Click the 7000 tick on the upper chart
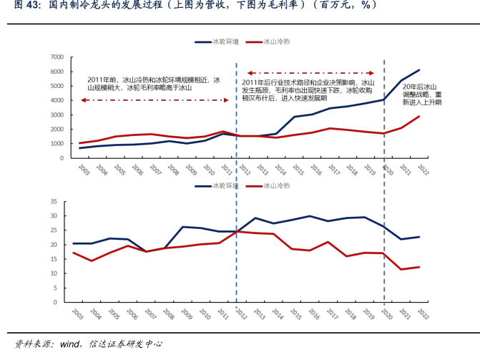pyautogui.click(x=58, y=57)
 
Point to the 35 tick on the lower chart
pyautogui.click(x=61, y=200)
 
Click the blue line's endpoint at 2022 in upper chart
pyautogui.click(x=420, y=70)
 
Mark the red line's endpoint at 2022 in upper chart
pyautogui.click(x=420, y=116)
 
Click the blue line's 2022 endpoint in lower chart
pyautogui.click(x=420, y=236)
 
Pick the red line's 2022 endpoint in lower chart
pyautogui.click(x=420, y=267)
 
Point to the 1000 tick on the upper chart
pyautogui.click(x=58, y=143)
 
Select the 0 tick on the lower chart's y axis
pyautogui.click(x=62, y=302)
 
